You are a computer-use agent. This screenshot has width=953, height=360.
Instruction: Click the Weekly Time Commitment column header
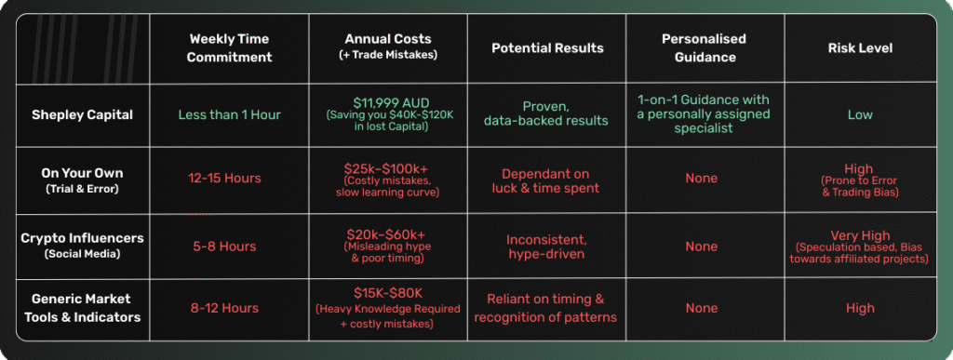(x=230, y=47)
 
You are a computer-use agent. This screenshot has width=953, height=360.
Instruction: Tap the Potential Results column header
(x=547, y=47)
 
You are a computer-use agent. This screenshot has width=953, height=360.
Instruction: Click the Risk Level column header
(x=860, y=47)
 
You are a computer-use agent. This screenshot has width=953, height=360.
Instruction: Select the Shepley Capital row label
(x=84, y=114)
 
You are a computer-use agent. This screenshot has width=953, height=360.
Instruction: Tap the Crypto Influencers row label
(x=84, y=246)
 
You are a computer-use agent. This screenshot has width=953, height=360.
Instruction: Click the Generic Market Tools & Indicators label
(x=84, y=307)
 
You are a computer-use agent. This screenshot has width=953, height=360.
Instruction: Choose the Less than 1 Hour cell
(x=230, y=114)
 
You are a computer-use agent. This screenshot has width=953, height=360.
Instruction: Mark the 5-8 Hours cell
(x=230, y=247)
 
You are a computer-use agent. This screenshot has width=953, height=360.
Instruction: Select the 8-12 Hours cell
(x=230, y=308)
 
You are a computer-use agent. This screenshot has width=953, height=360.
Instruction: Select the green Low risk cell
(x=860, y=114)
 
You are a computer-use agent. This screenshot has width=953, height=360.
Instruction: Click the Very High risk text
(x=860, y=235)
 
